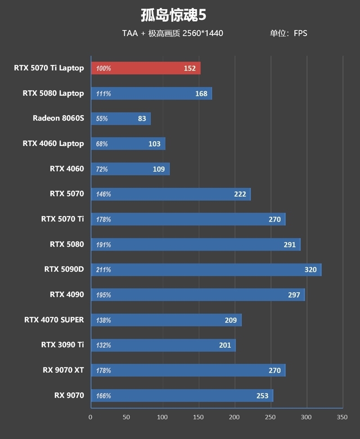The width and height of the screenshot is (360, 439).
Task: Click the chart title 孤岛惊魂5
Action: click(x=173, y=15)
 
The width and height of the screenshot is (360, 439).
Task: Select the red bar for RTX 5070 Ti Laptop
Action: click(x=146, y=68)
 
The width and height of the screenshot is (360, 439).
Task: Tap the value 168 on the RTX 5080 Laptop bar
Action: click(x=201, y=94)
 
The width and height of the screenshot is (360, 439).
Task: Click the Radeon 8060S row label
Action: click(x=58, y=118)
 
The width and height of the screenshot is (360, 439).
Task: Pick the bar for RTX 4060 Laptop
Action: click(x=128, y=144)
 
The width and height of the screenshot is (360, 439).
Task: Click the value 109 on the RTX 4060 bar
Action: click(x=159, y=169)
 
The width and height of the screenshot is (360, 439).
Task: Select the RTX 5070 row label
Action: click(x=67, y=194)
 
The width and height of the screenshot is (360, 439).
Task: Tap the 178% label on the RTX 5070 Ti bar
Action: click(x=103, y=220)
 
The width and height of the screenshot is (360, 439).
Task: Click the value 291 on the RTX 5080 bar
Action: click(x=290, y=245)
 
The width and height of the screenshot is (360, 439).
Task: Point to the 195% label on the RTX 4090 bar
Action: click(x=103, y=295)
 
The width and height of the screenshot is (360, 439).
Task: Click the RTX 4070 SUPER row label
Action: click(x=54, y=320)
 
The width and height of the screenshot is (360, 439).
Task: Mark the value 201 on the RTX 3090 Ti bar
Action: click(x=225, y=345)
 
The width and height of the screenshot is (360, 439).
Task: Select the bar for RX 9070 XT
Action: click(x=188, y=371)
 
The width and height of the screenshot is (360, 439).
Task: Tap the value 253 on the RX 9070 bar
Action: click(x=262, y=396)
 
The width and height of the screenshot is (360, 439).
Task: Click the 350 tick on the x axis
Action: click(x=342, y=417)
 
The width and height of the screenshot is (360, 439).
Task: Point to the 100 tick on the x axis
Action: click(x=163, y=417)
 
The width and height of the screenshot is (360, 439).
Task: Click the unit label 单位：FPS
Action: click(x=288, y=33)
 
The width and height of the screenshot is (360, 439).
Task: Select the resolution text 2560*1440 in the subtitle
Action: click(x=202, y=33)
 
